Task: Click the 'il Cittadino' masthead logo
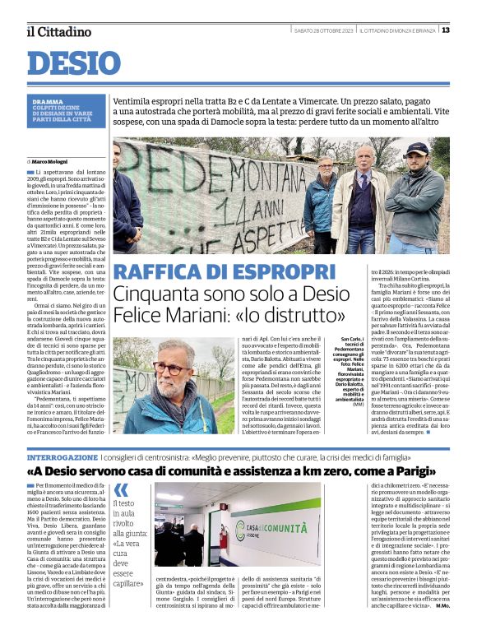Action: coord(58,32)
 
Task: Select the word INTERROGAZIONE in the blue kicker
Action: coord(63,456)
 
